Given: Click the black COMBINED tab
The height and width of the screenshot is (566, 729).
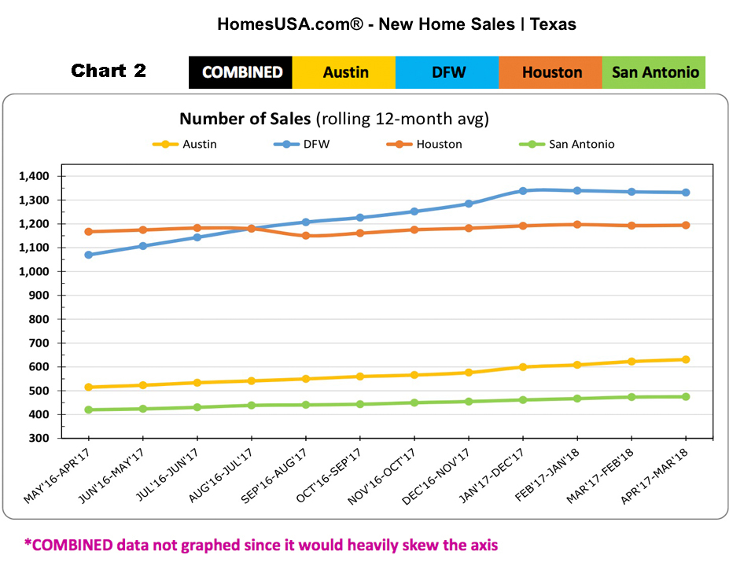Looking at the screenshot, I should [x=241, y=72].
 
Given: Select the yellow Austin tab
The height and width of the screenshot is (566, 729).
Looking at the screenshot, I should [x=344, y=72].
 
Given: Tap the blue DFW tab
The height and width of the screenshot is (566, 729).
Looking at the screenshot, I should [x=447, y=72].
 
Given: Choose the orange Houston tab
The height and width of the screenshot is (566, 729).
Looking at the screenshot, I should [x=551, y=72].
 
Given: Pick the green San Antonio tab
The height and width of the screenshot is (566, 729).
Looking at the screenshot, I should [x=654, y=72].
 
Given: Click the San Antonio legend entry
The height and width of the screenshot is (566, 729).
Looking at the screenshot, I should [x=581, y=144].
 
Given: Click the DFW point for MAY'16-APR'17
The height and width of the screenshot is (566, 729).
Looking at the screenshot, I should [x=89, y=255].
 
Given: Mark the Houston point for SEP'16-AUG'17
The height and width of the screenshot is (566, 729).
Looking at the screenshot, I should [x=306, y=236].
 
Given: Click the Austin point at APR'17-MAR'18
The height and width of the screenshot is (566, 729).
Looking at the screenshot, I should [x=686, y=359].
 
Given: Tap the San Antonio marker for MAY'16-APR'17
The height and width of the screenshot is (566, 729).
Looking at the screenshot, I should [x=89, y=410].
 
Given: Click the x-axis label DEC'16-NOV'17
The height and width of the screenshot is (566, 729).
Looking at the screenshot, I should [x=444, y=475].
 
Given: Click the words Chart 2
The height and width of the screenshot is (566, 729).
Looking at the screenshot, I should [x=109, y=71].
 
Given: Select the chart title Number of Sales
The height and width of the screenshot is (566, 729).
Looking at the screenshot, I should [x=245, y=119].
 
